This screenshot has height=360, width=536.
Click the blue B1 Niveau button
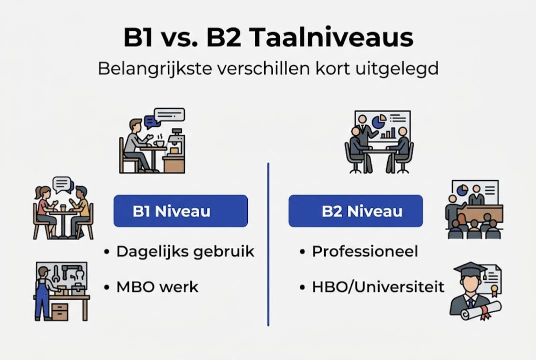tap(180, 211)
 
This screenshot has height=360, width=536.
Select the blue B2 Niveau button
tap(355, 211)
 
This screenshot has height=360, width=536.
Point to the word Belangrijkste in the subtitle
tap(154, 68)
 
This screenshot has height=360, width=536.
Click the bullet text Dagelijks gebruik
tap(185, 251)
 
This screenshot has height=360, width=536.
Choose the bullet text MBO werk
tap(157, 287)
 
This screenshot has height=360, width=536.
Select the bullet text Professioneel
tap(365, 251)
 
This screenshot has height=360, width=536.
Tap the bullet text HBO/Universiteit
tap(378, 287)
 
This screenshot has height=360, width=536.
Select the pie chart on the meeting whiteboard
tap(379, 120)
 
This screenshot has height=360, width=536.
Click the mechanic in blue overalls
tap(42, 292)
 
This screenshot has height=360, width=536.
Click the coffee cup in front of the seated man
tap(159, 143)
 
